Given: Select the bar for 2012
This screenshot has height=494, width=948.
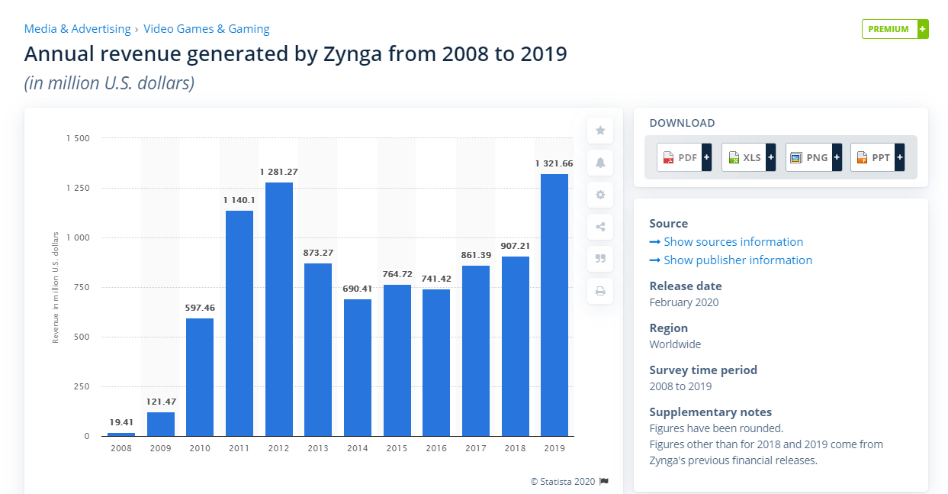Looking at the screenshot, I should [x=278, y=309].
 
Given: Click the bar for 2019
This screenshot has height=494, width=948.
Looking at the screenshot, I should [x=554, y=305].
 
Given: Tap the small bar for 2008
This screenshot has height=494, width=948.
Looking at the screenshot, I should [x=121, y=434].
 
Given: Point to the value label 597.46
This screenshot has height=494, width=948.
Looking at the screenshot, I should [x=200, y=308].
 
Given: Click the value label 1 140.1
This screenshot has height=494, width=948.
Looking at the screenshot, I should [x=239, y=199].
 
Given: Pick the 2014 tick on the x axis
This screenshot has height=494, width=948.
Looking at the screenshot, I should [x=357, y=448].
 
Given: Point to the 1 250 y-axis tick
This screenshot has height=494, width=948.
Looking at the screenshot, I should [x=77, y=188].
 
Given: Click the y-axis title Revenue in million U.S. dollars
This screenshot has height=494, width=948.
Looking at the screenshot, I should [x=56, y=287].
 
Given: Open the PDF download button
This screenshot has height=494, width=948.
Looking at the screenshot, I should [x=684, y=157].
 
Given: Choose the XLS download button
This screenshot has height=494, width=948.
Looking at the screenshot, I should [x=748, y=157].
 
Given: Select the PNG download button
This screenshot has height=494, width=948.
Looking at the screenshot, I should [x=813, y=157].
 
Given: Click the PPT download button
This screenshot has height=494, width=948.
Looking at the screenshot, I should [x=877, y=157].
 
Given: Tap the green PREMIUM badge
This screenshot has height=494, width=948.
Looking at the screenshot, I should [x=895, y=29].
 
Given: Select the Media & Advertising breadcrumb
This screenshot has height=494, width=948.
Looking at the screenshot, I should [x=78, y=29].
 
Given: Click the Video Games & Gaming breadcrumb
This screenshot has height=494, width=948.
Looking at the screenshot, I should [x=207, y=29].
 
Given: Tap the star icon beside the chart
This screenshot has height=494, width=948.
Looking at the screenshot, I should [x=600, y=131].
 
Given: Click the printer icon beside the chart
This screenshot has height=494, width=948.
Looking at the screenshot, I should [x=600, y=291].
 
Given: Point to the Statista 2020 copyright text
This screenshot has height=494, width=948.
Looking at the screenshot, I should [x=563, y=481].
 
